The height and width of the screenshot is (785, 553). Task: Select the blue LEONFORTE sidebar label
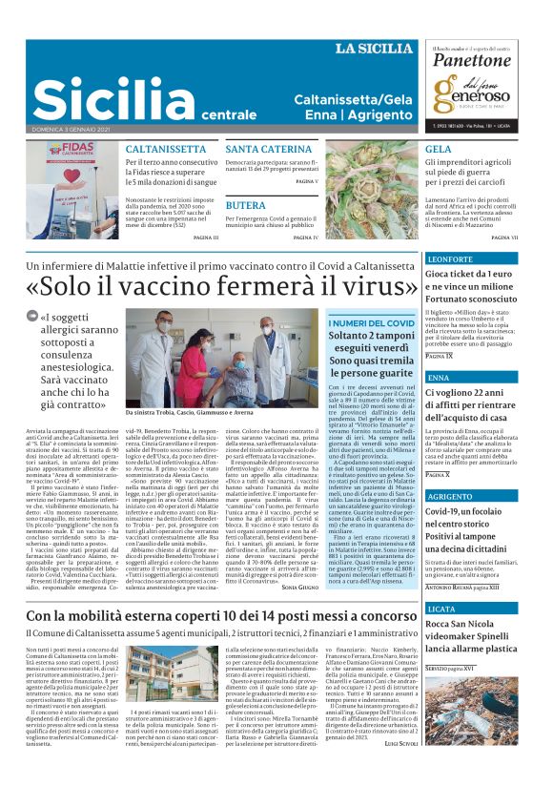tap(452, 258)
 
